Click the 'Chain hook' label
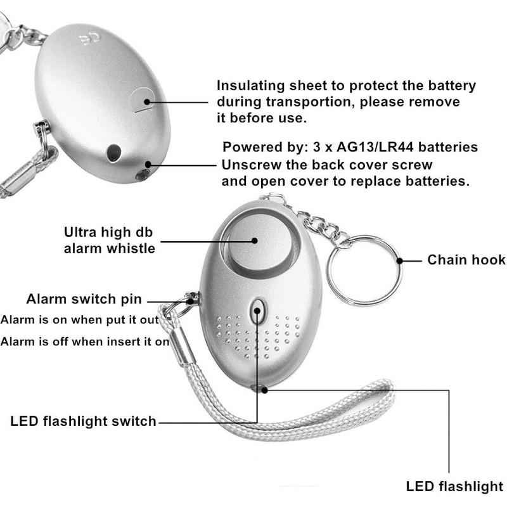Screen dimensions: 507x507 466,260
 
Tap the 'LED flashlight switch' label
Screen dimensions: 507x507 84,421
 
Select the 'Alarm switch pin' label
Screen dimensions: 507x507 84,299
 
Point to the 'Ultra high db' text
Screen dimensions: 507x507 108,232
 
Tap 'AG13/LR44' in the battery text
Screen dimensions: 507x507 375,147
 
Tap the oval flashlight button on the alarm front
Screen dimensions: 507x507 258,312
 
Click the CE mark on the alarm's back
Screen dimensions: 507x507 89,39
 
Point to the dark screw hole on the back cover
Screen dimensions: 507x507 114,153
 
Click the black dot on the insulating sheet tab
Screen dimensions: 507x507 147,102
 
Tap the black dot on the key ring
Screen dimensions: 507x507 400,260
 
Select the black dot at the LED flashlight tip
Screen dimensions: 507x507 264,390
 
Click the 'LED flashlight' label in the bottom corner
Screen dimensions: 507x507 454,486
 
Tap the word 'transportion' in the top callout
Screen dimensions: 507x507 308,102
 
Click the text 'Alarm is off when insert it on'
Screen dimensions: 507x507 85,342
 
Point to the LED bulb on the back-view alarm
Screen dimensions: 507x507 142,175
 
